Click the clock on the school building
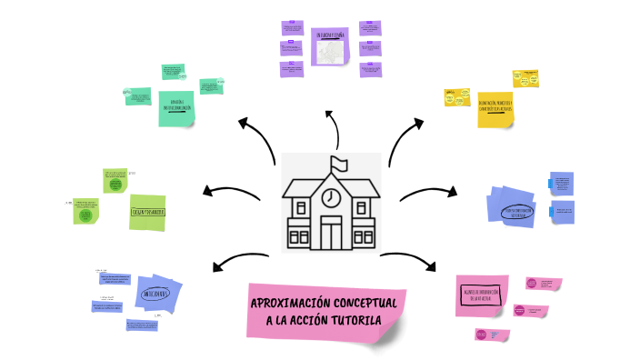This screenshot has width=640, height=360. pyautogui.click(x=332, y=196)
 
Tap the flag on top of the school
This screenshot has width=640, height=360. pyautogui.click(x=340, y=164)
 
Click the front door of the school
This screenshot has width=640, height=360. pyautogui.click(x=331, y=233)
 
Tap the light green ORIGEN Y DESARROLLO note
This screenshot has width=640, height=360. pyautogui.click(x=147, y=212)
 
